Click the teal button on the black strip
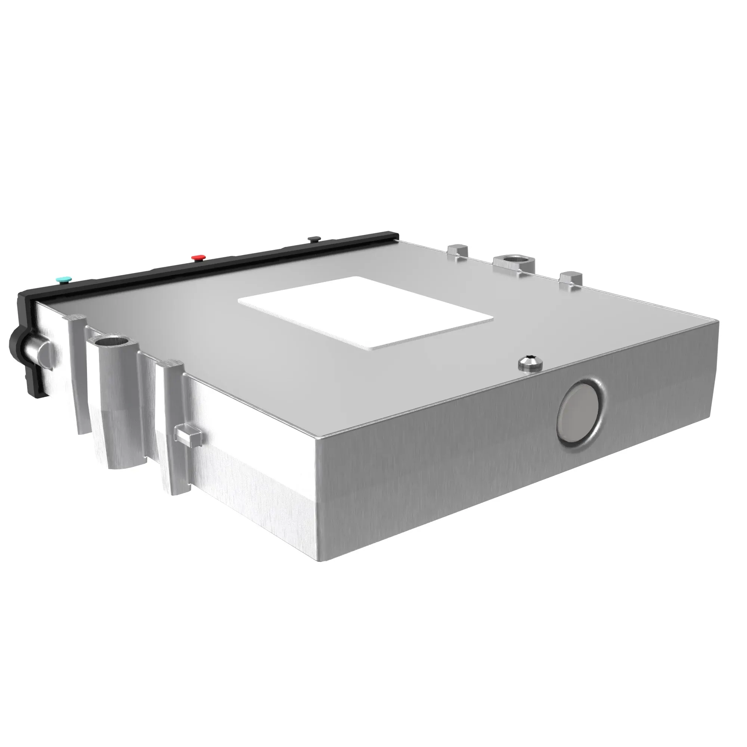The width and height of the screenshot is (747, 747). [x=64, y=279]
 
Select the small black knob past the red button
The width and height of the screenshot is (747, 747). [x=314, y=239]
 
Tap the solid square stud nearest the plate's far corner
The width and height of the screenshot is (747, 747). [x=571, y=279]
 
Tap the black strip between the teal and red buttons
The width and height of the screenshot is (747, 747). [x=131, y=271]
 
